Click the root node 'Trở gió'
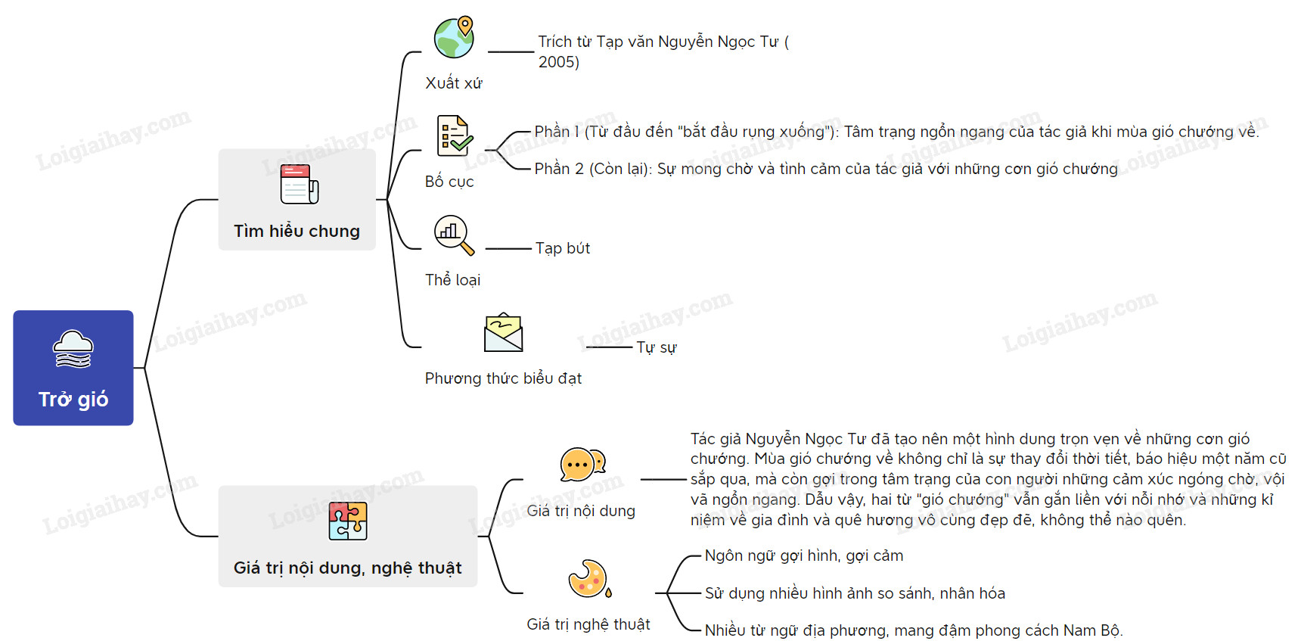pos(73,368)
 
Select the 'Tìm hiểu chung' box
pos(297,200)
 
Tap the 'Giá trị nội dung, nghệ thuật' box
pos(348,537)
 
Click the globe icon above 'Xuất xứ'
pos(454,37)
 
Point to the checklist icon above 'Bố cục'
pos(455,136)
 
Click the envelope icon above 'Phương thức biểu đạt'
pos(503,333)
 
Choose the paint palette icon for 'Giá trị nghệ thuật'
pos(589,579)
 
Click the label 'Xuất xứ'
pos(454,83)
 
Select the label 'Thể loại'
pos(452,280)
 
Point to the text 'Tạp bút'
pos(563,248)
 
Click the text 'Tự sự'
pos(657,347)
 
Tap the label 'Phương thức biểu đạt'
pos(503,378)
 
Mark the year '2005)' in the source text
pos(559,62)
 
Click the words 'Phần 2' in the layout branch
pos(559,169)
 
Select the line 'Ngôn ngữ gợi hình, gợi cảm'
pos(804,555)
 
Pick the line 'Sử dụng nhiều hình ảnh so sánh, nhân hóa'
pos(855,593)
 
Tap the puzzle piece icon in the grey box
pos(348,521)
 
